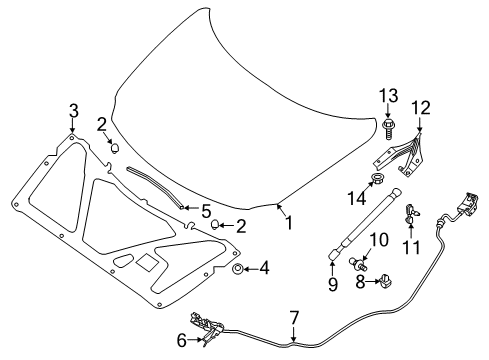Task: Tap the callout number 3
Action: [73, 110]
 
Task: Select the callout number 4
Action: [264, 268]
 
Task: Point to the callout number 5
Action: [206, 211]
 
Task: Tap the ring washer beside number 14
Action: [379, 181]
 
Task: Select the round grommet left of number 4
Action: [238, 268]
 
